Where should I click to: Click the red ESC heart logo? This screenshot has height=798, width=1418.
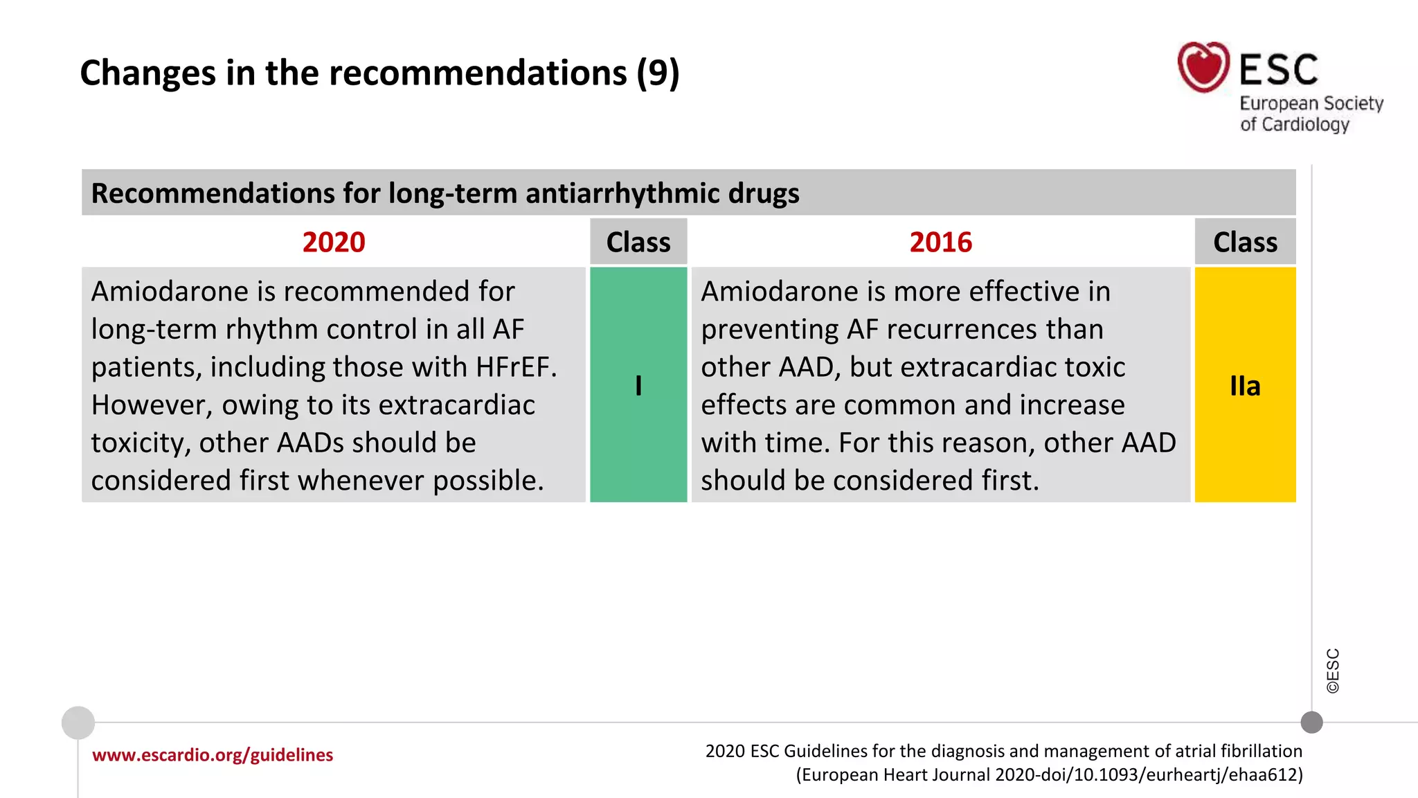(x=1203, y=67)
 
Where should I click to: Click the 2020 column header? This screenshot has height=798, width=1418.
(x=333, y=242)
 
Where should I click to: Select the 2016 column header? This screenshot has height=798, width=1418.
(x=940, y=242)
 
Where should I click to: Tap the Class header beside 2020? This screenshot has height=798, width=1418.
(x=638, y=242)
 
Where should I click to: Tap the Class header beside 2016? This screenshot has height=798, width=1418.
(x=1244, y=242)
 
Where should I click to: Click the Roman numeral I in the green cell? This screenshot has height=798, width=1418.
(x=638, y=386)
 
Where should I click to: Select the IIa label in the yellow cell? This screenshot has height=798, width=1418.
(x=1244, y=386)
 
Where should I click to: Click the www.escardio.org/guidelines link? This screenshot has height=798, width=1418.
(x=213, y=755)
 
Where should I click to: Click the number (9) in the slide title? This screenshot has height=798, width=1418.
(x=658, y=73)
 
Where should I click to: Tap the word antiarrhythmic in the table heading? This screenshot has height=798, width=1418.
(x=622, y=193)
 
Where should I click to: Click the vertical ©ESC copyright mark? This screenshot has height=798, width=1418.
(x=1333, y=671)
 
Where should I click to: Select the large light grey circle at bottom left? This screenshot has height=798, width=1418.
(x=78, y=722)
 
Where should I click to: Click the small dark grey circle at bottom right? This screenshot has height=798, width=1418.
(x=1311, y=722)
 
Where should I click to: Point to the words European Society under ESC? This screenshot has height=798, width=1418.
(x=1311, y=103)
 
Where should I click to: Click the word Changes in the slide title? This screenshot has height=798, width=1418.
(x=147, y=73)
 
